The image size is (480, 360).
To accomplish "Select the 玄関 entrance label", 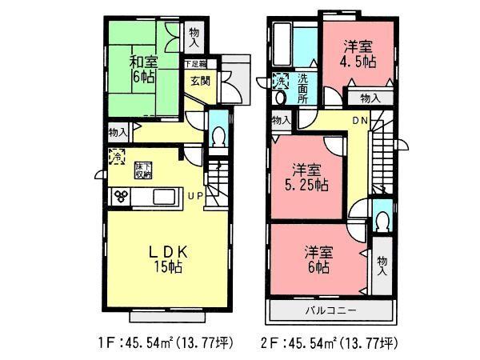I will (x=200, y=81).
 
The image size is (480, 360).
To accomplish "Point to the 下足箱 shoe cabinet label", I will (x=195, y=63).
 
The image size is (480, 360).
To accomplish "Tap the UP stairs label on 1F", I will (x=195, y=195).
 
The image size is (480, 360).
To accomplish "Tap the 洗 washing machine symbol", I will (x=281, y=81).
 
